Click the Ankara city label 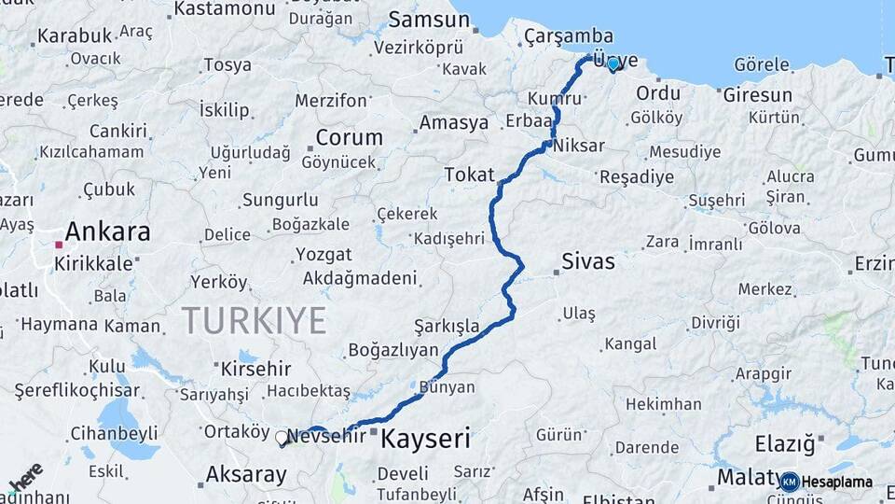tap(107, 231)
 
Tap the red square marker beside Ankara tap(59, 245)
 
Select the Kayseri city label tap(426, 438)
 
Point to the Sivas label tap(588, 261)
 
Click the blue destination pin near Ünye tap(613, 64)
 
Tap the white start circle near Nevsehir tap(282, 437)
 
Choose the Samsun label tap(428, 19)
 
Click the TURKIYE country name tap(254, 320)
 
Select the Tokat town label tap(468, 175)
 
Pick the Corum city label tap(349, 137)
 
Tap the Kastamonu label tap(225, 8)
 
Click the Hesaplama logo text tap(835, 482)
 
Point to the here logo tap(26, 476)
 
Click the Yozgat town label tap(323, 254)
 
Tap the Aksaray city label tap(246, 474)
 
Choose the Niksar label tap(578, 146)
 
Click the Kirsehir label tap(255, 369)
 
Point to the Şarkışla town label tap(447, 326)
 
